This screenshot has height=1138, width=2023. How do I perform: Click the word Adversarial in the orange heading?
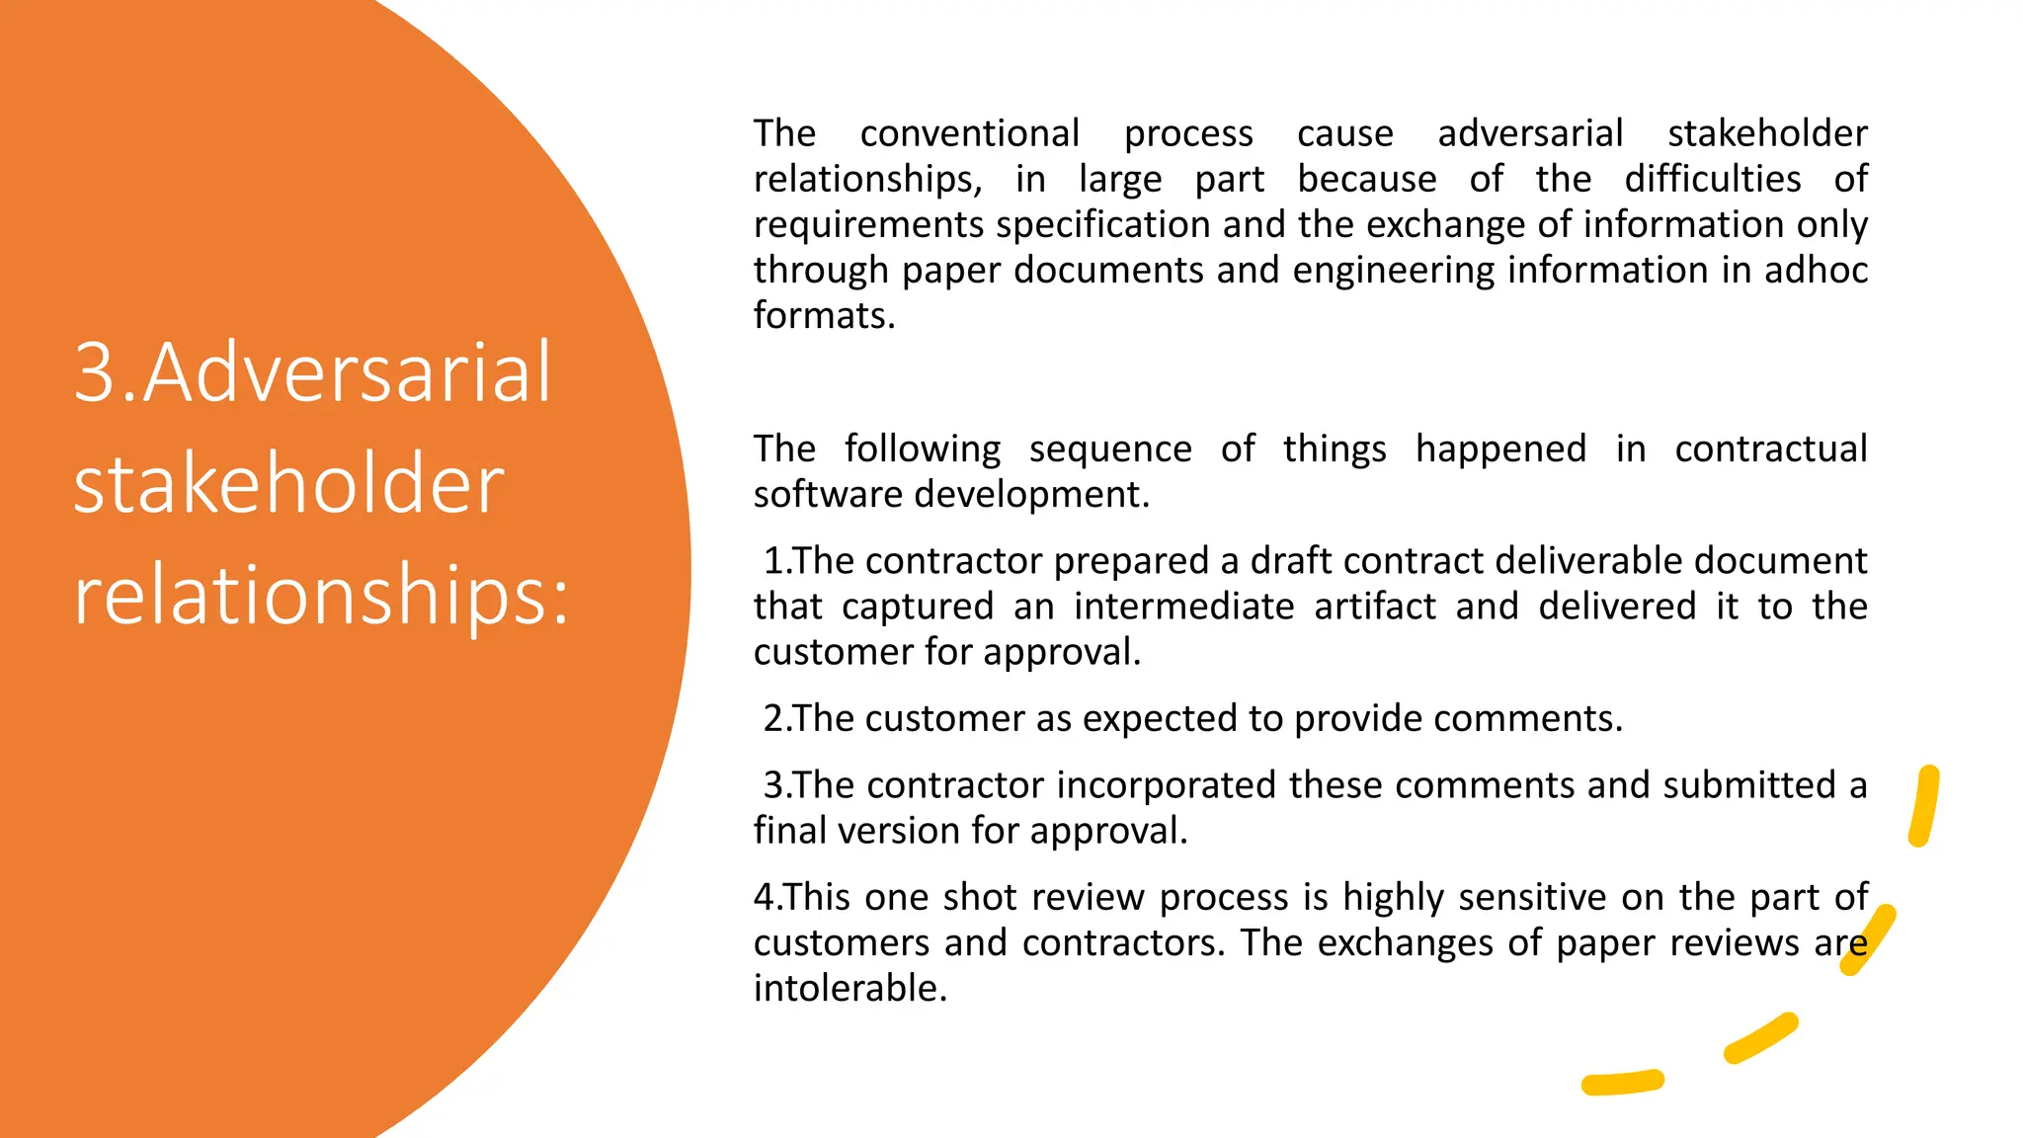point(348,372)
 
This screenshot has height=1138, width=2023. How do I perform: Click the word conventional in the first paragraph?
point(970,133)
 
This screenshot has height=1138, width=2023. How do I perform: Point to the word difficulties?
point(1713,179)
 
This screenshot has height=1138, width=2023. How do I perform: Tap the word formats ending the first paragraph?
point(823,315)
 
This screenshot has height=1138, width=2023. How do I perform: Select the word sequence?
point(1110,449)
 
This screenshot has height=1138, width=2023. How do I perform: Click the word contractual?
point(1770,448)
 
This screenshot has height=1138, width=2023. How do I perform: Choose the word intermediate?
point(1183,607)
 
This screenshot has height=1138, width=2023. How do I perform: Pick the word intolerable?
point(850,988)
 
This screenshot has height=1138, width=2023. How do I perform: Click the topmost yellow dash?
point(1923,806)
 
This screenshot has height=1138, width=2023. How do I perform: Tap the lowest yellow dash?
point(1622,1083)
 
